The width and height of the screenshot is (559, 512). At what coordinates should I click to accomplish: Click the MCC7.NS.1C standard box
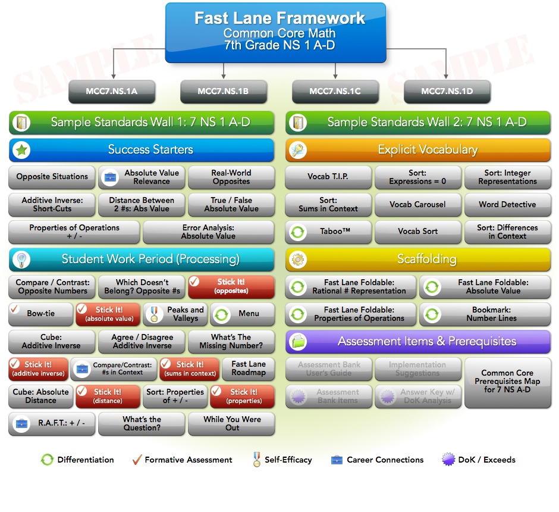coord(335,92)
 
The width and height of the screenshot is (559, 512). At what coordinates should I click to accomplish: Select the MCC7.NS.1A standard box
coord(112,92)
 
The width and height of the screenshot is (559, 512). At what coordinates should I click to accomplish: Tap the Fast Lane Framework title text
coord(279,18)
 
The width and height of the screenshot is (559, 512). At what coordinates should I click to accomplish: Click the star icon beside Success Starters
coord(21,150)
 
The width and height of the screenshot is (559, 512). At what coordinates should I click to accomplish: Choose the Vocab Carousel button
coord(417,205)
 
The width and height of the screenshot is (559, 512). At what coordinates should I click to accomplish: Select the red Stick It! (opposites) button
coord(231,286)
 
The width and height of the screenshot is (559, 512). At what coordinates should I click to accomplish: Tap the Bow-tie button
coord(40,314)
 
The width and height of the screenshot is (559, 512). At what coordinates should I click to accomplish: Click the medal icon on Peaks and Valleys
coord(155,314)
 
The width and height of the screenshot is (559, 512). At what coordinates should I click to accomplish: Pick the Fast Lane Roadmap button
coord(249,369)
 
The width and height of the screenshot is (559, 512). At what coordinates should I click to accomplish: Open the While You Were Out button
coord(231,423)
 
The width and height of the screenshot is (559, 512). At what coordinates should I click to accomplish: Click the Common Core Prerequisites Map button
coord(507,382)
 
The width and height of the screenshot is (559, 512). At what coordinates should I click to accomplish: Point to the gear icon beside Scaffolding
coord(297,260)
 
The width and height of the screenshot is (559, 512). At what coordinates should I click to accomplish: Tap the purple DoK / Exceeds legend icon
coord(448,460)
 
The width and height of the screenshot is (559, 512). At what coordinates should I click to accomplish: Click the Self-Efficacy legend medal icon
coord(256,460)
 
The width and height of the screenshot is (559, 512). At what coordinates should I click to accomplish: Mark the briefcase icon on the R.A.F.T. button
coord(22,424)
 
